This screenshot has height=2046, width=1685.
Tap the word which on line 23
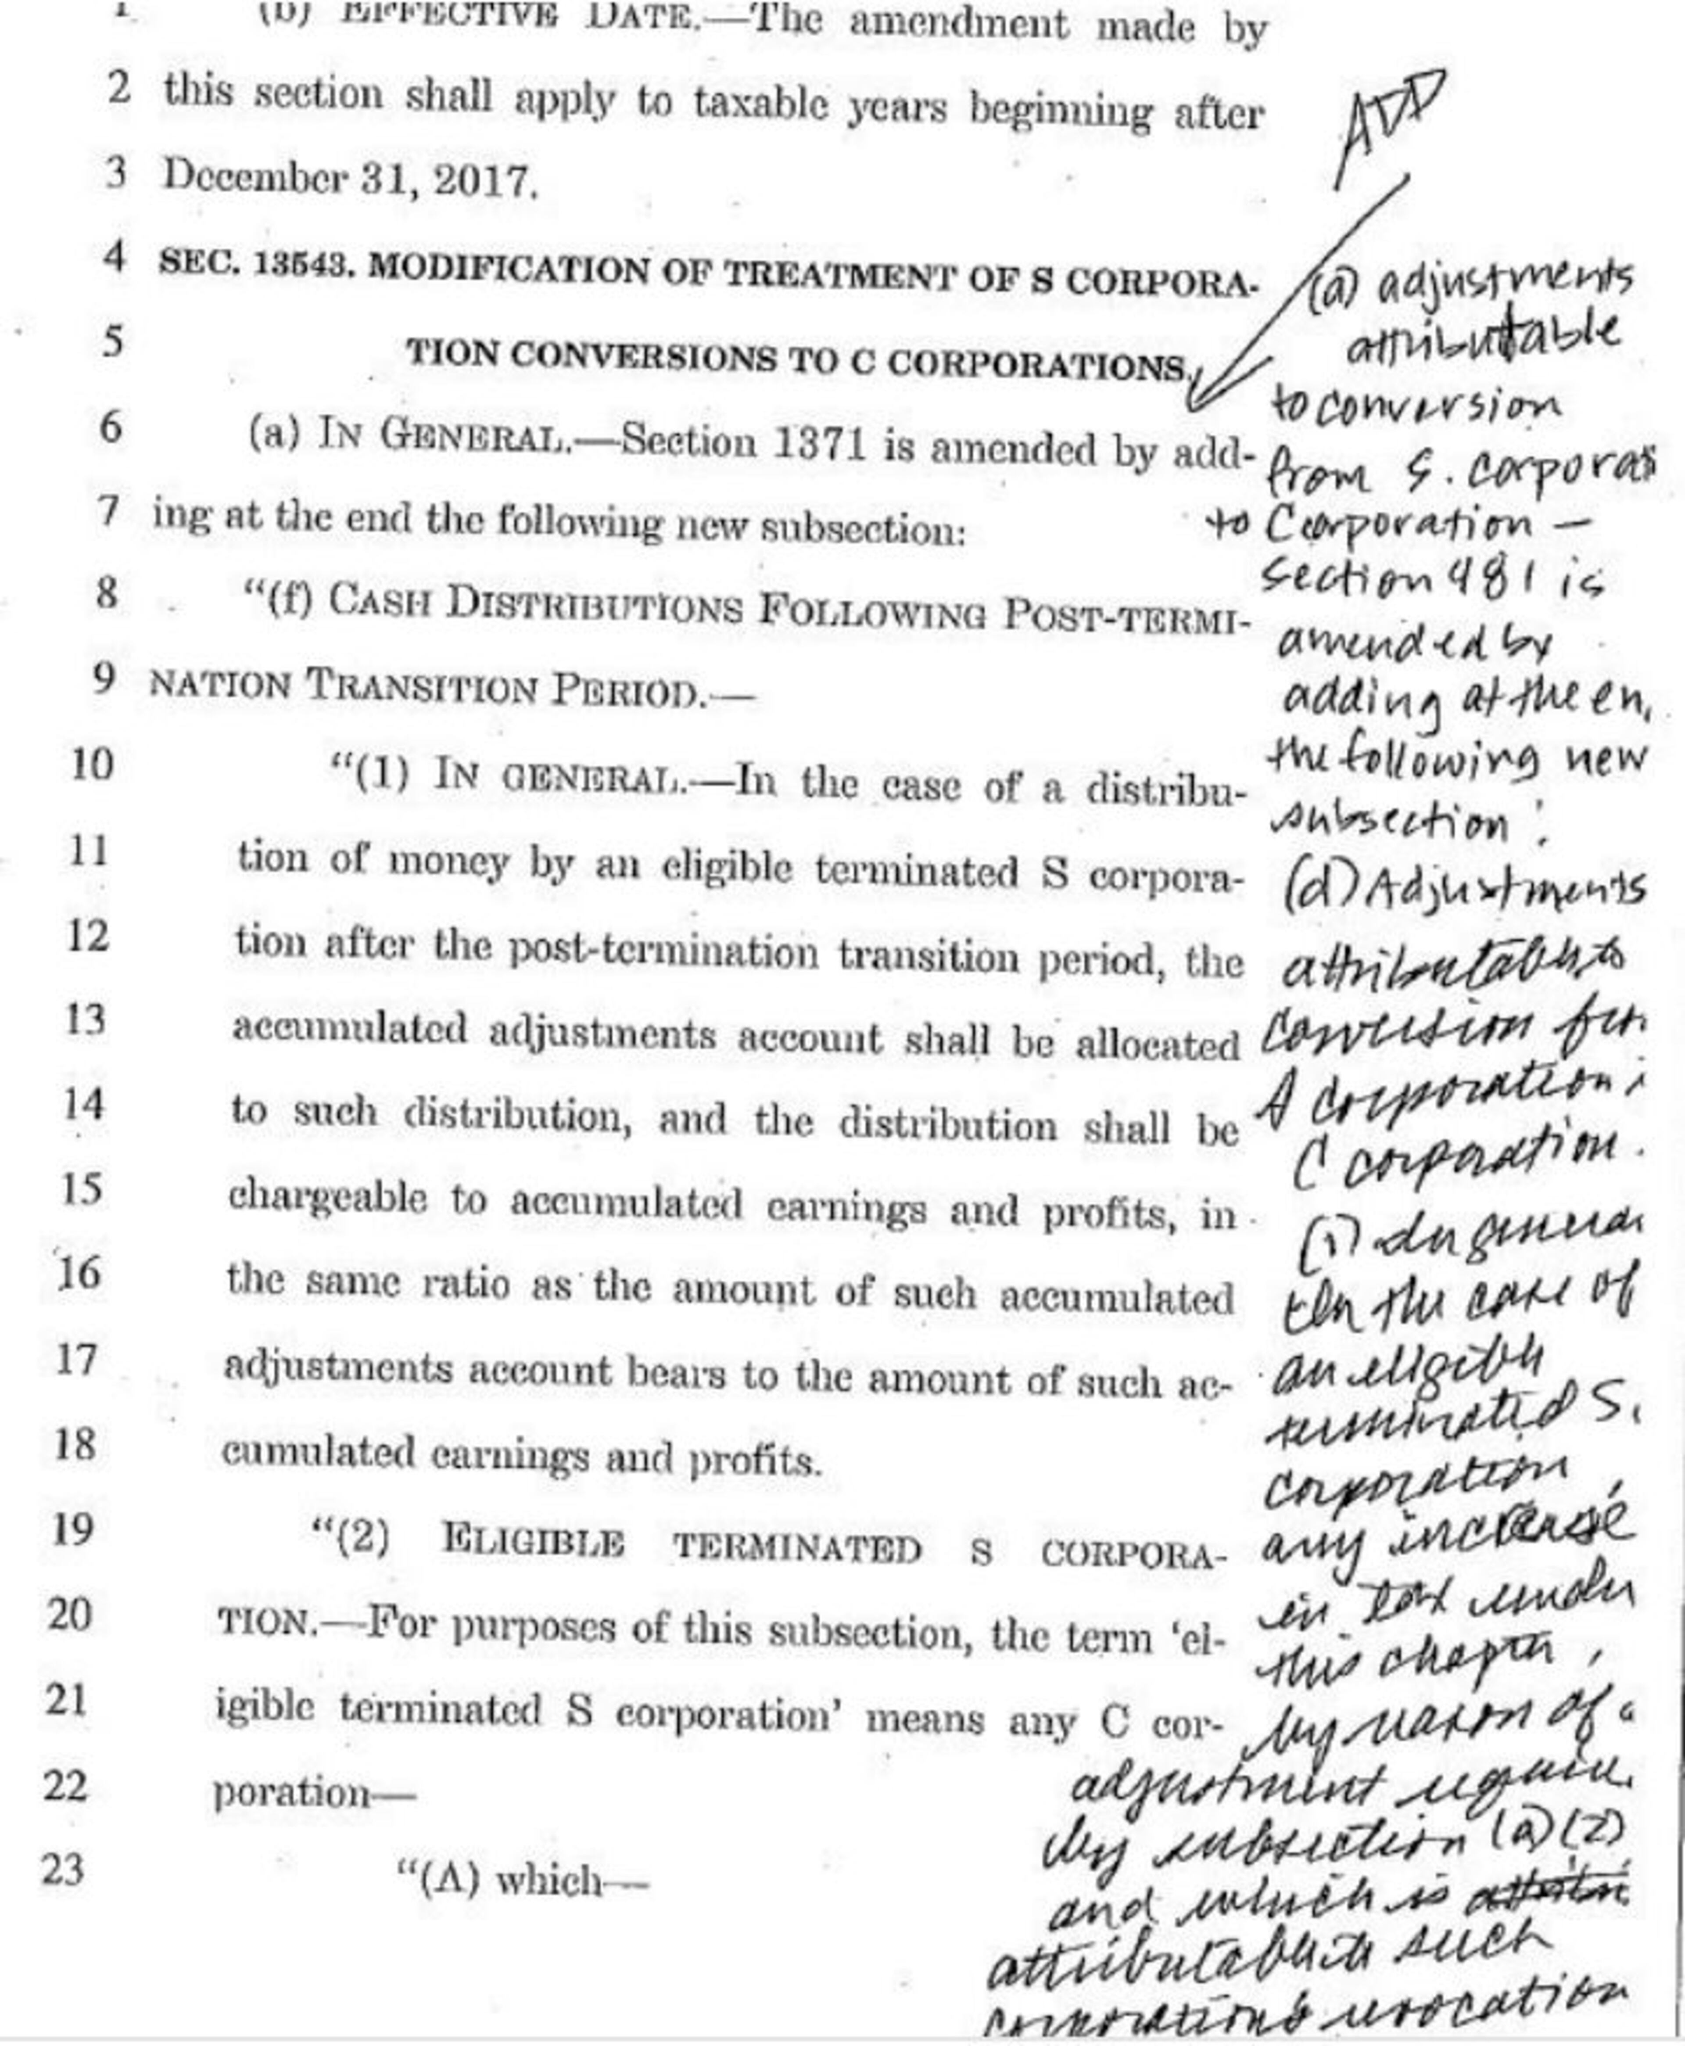click(549, 1880)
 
